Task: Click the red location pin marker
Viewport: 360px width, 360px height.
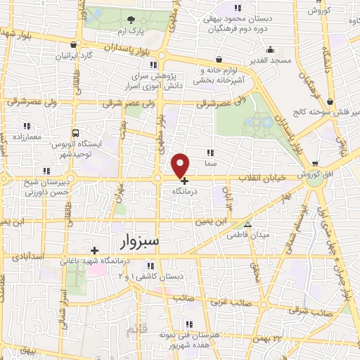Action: coord(181,165)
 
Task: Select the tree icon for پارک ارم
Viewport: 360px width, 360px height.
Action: coord(130,20)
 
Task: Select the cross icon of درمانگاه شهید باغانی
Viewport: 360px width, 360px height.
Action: coord(94,250)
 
